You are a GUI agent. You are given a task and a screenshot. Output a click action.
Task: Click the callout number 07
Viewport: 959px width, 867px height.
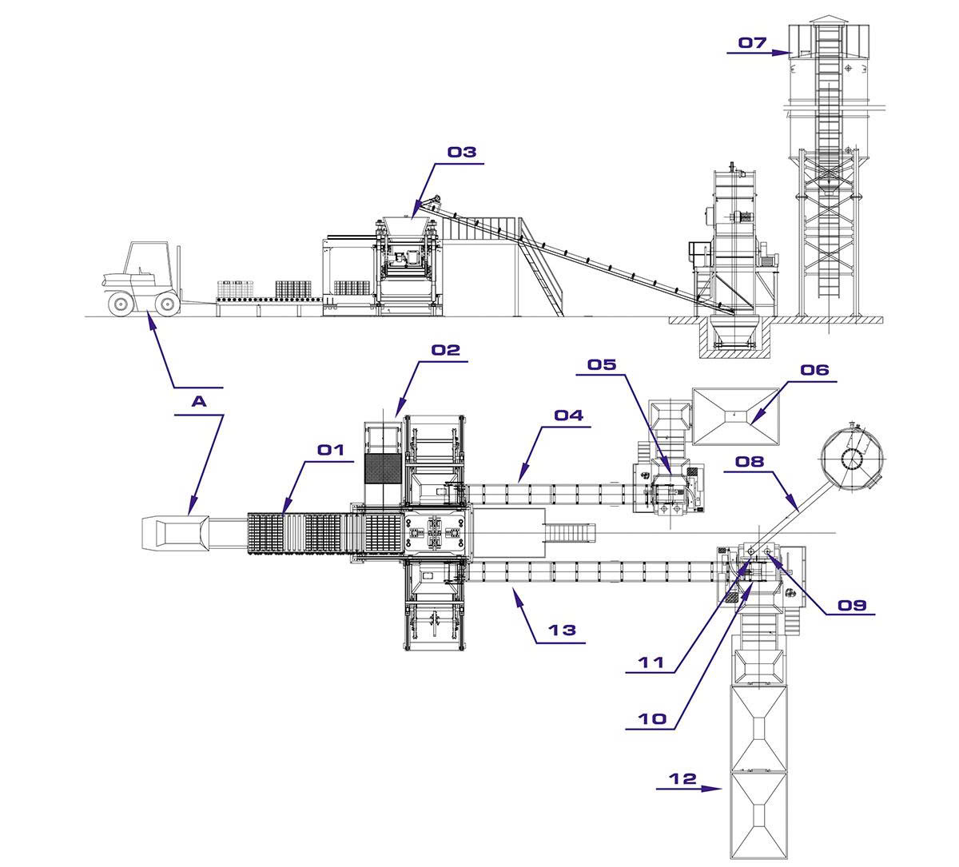(753, 43)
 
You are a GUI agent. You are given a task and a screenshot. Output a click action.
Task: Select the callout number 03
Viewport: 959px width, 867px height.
(462, 152)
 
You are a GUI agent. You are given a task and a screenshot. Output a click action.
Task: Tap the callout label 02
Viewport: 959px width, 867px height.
(446, 350)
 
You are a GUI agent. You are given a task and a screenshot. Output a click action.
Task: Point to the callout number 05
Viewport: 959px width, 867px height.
(602, 365)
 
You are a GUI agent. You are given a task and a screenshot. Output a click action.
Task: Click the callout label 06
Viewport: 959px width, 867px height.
(814, 370)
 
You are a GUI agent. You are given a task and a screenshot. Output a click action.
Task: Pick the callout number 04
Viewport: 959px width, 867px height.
(569, 415)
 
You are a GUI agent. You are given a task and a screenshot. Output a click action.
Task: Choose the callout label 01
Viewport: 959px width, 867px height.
(331, 450)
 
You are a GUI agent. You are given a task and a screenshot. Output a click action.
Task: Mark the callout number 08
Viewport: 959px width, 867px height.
(750, 462)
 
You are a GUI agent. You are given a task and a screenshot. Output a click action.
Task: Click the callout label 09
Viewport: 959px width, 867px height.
(852, 606)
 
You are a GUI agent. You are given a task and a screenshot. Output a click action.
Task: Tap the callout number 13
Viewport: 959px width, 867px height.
(562, 630)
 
